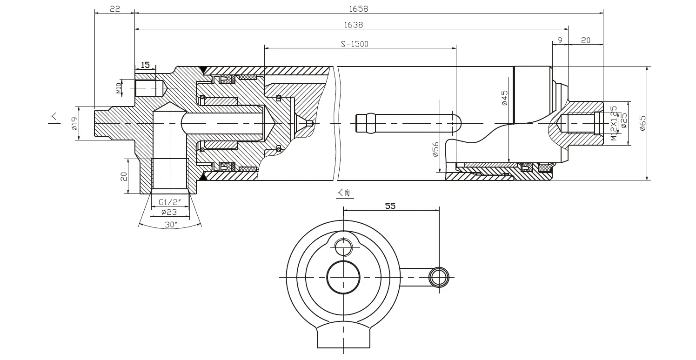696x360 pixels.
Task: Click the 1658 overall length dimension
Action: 359,8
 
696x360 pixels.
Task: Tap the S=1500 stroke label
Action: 355,44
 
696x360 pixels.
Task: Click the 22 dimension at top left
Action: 115,8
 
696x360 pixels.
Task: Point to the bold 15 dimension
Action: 145,65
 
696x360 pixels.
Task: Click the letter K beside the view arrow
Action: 53,117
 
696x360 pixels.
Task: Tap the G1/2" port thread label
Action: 170,202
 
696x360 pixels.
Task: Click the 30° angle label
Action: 171,224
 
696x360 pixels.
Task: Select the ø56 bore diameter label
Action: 436,150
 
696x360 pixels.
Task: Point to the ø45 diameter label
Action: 505,98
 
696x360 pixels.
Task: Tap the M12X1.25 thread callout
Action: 614,123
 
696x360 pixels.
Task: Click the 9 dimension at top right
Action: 560,40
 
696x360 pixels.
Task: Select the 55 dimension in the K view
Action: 390,206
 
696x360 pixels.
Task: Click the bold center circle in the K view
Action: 343,277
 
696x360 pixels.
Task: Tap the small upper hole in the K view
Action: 343,247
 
